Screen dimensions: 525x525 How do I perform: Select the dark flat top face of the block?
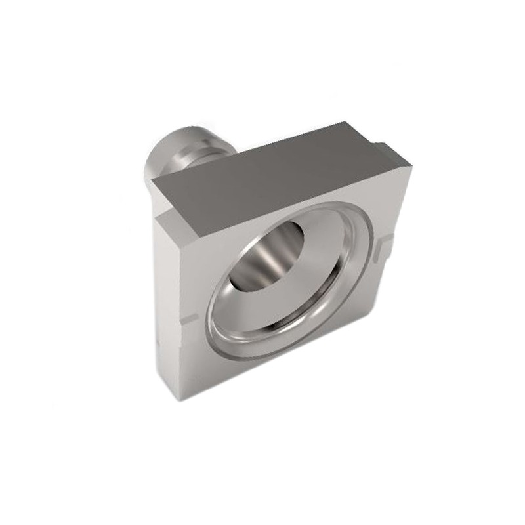(276, 177)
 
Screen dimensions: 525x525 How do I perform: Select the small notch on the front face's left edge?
(190, 319)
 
